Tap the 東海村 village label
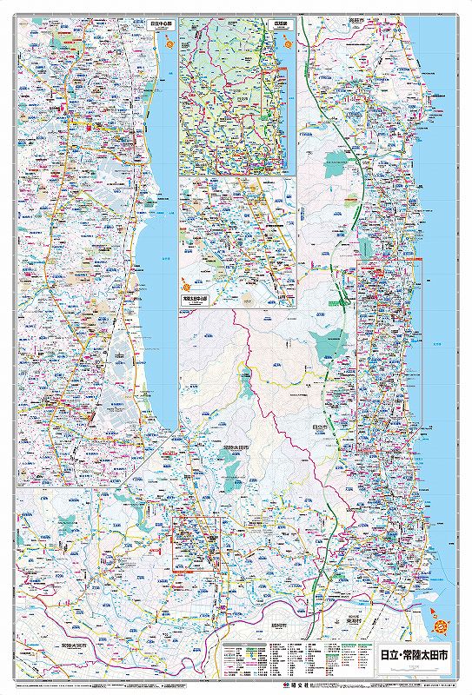350,620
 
